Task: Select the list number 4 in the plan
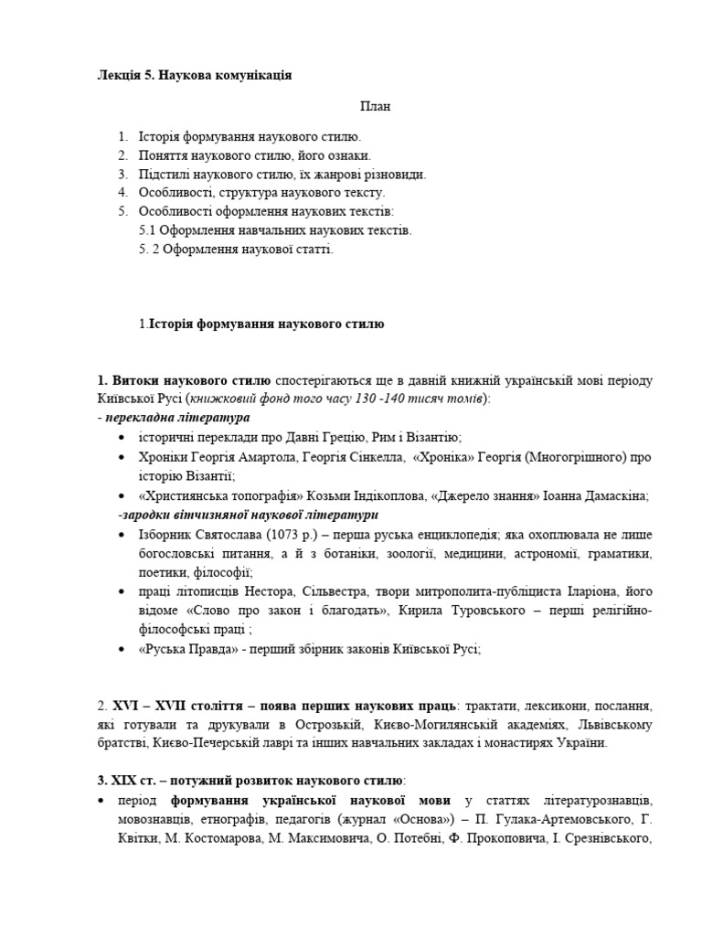[x=122, y=192]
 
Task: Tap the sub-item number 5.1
[x=148, y=230]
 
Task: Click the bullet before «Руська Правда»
[x=122, y=649]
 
